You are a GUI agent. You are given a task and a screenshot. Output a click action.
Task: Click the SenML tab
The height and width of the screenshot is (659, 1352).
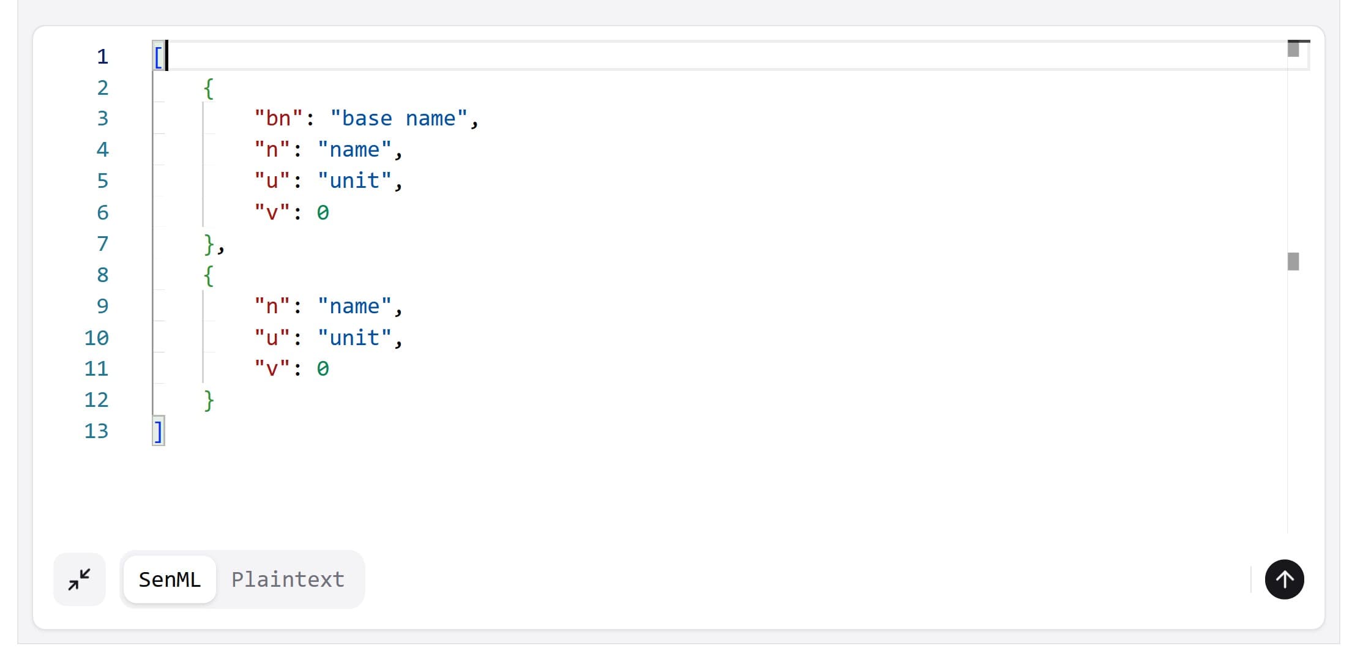(170, 579)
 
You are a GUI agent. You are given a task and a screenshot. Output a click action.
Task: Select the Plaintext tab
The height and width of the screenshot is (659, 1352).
(288, 579)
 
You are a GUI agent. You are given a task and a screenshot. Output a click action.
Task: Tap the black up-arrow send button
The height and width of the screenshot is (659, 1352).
(1284, 579)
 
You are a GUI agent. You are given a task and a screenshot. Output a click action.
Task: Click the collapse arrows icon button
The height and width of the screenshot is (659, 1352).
(80, 579)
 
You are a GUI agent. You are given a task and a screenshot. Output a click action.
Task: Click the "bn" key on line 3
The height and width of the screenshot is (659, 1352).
(278, 118)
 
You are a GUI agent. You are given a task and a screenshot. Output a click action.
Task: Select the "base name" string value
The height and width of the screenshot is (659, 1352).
(398, 118)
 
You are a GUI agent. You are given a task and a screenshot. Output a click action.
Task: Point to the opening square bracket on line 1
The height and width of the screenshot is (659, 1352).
(158, 57)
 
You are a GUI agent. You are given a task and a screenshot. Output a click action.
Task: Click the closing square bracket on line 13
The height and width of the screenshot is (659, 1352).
(158, 431)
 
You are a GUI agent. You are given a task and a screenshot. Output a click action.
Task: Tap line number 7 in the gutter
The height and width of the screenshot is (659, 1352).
(103, 244)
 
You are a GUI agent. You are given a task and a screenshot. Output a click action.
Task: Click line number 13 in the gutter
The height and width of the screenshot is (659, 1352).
(96, 431)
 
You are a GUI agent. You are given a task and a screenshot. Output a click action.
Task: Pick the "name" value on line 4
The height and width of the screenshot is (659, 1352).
(354, 149)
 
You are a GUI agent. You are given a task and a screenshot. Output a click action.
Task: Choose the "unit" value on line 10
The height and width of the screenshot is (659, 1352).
(354, 337)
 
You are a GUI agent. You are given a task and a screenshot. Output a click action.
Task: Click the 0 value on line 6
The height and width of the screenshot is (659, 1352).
(323, 212)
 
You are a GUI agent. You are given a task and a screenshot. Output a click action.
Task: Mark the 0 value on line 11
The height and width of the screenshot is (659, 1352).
(323, 368)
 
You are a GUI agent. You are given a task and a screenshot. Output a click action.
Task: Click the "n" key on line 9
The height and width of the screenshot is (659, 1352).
(272, 306)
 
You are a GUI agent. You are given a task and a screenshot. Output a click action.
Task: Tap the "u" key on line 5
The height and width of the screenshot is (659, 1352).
(272, 181)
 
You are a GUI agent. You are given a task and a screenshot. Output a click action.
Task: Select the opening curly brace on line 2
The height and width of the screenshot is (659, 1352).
(209, 88)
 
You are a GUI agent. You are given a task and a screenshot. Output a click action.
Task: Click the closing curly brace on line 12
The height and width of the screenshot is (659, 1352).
(209, 400)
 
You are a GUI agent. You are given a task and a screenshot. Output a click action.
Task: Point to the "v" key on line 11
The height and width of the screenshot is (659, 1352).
(272, 368)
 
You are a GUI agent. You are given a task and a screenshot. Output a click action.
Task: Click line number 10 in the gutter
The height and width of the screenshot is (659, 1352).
(96, 337)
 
